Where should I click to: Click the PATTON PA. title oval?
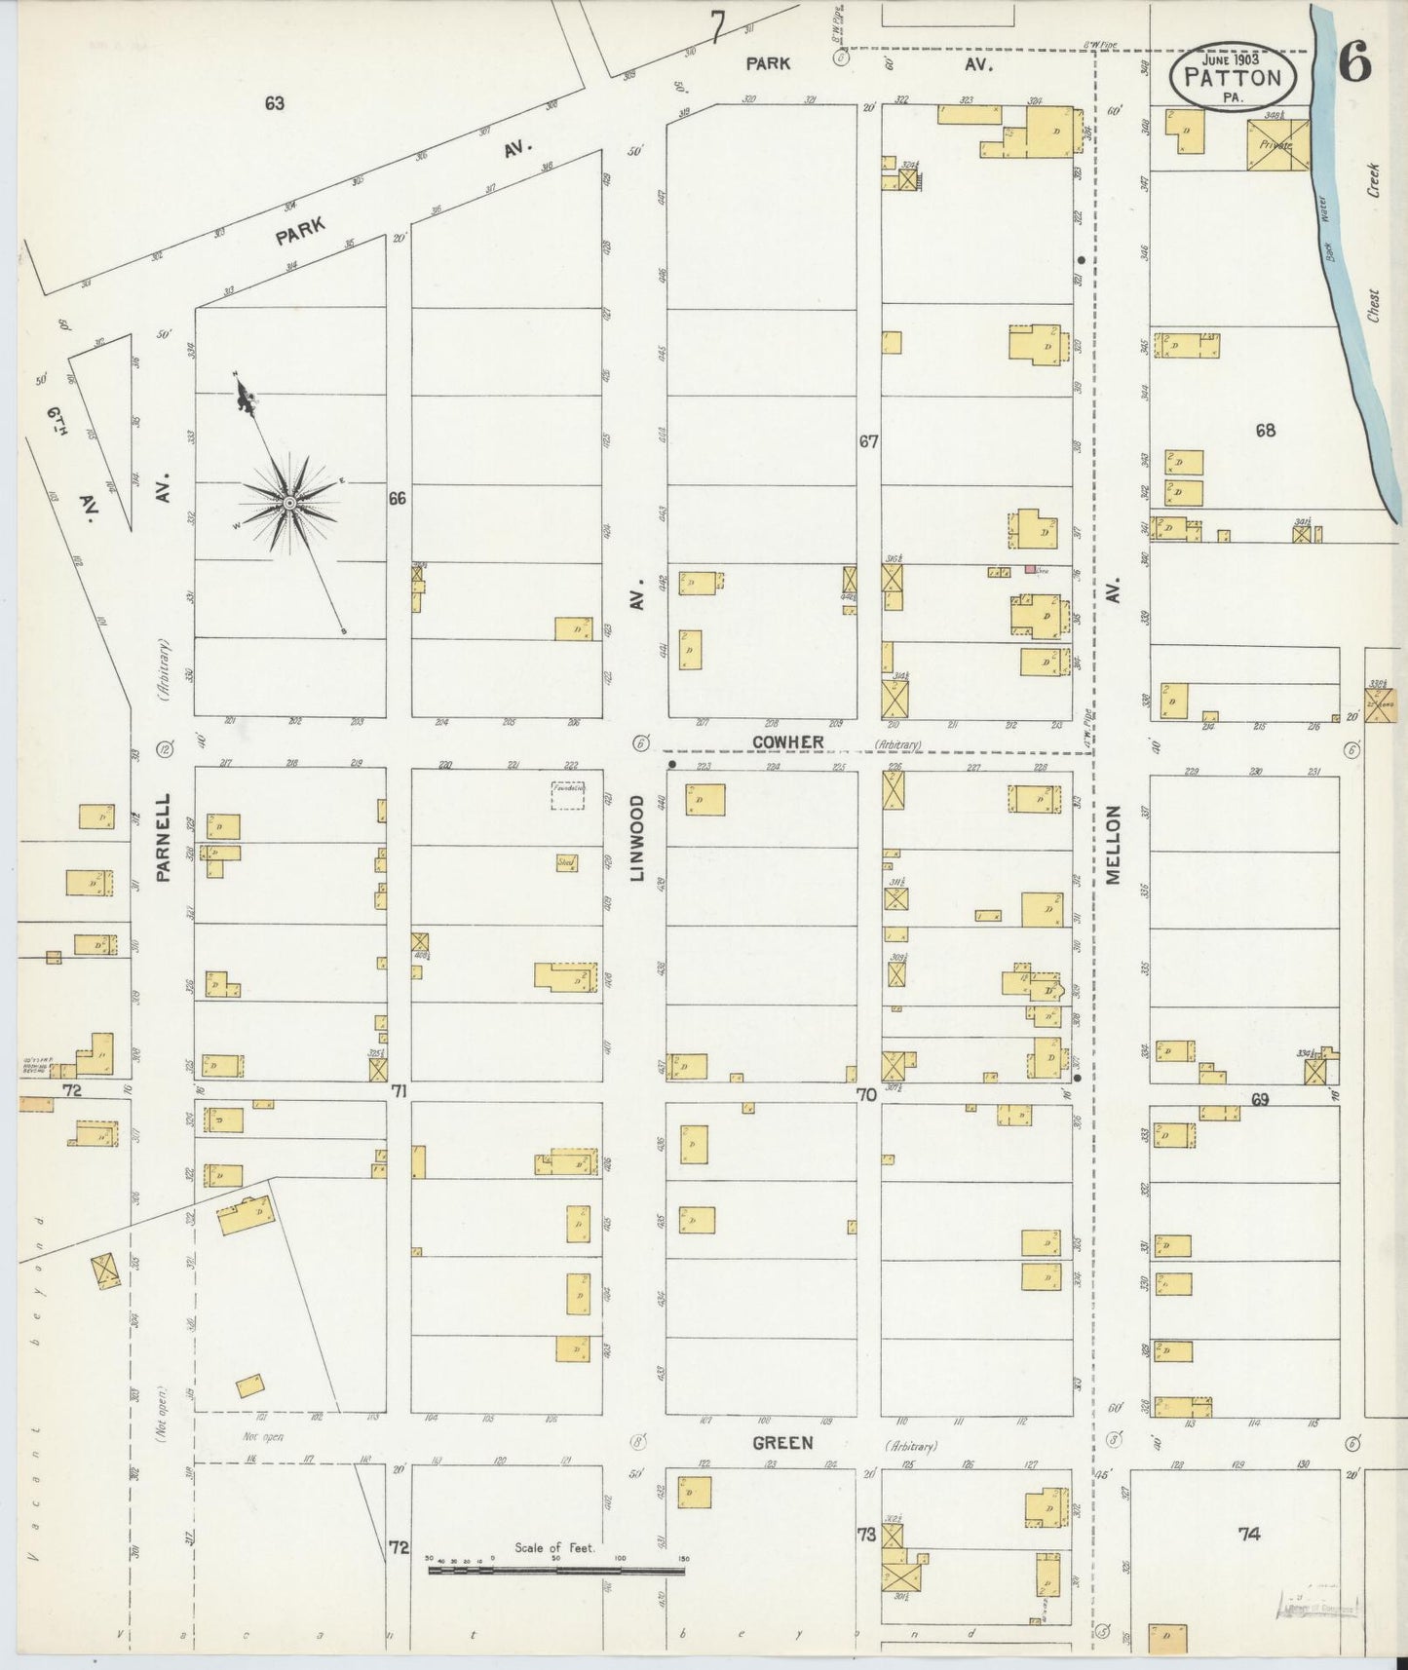(x=1234, y=76)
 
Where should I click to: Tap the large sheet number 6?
(x=1354, y=64)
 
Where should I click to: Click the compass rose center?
(x=289, y=503)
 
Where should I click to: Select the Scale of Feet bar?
(x=556, y=1569)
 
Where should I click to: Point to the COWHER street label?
(x=787, y=742)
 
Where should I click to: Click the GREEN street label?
(x=781, y=1443)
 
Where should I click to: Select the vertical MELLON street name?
(x=1113, y=845)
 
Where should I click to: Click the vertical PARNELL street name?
(x=163, y=837)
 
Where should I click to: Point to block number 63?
(x=274, y=102)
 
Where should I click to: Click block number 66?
(x=397, y=499)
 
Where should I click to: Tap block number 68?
(x=1265, y=430)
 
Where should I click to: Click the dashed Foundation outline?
(x=568, y=795)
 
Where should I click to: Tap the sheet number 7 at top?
(x=718, y=26)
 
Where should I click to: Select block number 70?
(x=866, y=1095)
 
